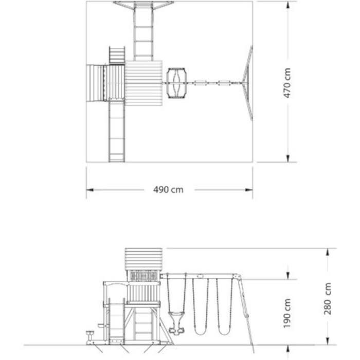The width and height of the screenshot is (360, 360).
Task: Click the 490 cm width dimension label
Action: (168, 190)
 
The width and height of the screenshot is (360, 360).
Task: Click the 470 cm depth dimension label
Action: (287, 83)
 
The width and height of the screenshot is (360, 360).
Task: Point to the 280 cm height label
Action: (328, 298)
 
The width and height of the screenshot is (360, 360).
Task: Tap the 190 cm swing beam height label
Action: (287, 313)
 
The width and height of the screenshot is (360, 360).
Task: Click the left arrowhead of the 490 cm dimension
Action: (90, 190)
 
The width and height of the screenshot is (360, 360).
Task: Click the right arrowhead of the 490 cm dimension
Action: (249, 190)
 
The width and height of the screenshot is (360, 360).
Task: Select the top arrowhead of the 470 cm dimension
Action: (287, 5)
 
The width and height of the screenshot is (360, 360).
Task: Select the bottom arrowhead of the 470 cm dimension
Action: (287, 158)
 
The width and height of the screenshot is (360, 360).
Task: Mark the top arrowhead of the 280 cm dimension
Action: (328, 252)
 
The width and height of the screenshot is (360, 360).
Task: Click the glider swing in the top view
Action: (176, 83)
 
